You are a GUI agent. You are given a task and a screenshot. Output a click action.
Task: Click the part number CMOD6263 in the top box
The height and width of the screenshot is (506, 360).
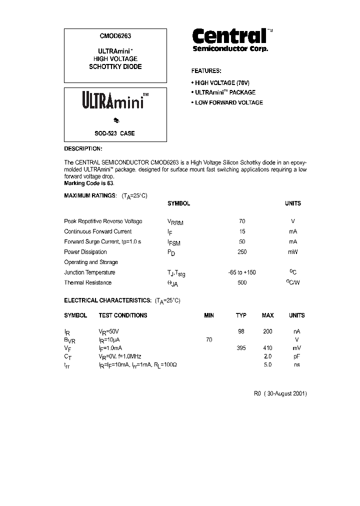tap(115, 36)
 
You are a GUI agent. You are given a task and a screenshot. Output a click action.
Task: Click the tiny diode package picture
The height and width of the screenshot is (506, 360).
tap(116, 120)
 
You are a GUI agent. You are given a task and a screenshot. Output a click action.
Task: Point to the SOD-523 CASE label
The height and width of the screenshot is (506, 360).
tap(114, 133)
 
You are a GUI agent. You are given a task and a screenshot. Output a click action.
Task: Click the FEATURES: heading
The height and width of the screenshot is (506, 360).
tap(206, 71)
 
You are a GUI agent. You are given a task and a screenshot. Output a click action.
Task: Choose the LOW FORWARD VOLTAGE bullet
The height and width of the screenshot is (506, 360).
tap(227, 102)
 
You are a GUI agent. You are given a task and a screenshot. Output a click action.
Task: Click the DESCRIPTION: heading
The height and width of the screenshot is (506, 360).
tap(83, 149)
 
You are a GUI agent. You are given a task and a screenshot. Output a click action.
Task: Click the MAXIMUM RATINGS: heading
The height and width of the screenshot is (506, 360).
tap(90, 195)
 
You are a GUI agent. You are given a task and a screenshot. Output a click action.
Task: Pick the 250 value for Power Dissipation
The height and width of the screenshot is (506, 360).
tap(242, 252)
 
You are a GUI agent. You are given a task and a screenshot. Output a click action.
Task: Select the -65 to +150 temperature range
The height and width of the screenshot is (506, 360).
tap(242, 272)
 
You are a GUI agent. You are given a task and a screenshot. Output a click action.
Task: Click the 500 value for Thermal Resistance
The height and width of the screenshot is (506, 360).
tap(242, 282)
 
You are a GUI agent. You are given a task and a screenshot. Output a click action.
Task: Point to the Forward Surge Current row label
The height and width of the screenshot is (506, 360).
tap(102, 241)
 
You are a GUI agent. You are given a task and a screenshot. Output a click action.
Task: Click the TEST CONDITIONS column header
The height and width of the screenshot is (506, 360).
tap(123, 315)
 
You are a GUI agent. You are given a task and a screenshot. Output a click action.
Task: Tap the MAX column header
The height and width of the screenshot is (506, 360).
tap(267, 315)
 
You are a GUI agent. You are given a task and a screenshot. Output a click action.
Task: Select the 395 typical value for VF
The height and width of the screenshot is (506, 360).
tap(241, 348)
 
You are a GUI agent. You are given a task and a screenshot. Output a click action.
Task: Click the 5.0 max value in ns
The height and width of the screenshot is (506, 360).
tap(267, 365)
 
